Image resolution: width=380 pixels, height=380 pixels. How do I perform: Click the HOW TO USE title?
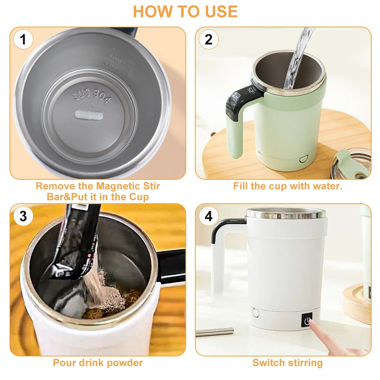click(x=185, y=11)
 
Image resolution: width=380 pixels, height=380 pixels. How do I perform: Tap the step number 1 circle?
click(x=24, y=40)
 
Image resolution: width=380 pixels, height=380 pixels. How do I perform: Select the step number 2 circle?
click(x=209, y=40)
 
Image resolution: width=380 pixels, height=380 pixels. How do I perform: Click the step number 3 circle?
click(x=24, y=216)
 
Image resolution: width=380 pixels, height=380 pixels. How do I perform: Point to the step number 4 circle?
click(x=209, y=216)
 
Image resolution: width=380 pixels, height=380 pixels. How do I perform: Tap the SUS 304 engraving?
click(x=92, y=97)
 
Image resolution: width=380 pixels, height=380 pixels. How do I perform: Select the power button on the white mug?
click(x=307, y=320)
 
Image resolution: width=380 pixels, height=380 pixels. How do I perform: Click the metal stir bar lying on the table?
click(x=215, y=331)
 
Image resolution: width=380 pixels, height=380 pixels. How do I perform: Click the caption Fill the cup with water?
click(x=288, y=186)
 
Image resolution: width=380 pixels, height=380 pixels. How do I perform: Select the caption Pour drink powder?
click(x=98, y=363)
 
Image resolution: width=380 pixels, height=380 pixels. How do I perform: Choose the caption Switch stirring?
click(x=288, y=363)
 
